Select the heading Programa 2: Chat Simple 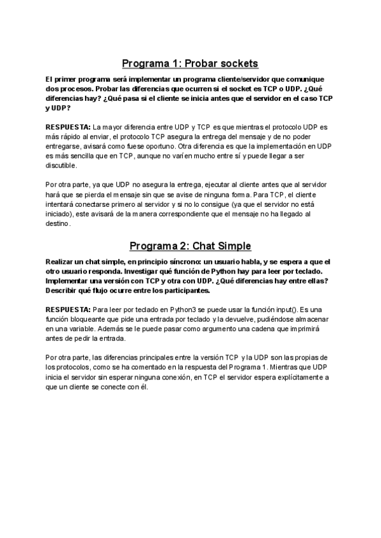point(190,246)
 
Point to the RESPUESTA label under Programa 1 point(68,127)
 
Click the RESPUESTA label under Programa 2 point(68,310)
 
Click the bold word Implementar point(72,281)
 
